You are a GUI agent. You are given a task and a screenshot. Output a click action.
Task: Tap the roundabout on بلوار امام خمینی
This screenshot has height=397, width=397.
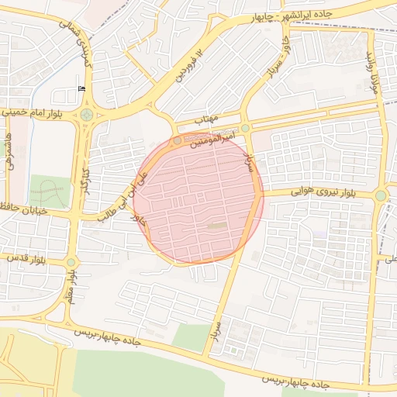tap(86, 116)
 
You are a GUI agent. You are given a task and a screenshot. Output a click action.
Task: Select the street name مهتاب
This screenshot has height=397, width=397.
tap(207, 120)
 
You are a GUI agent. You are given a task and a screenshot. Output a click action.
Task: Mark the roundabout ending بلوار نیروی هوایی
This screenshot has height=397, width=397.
tap(380, 195)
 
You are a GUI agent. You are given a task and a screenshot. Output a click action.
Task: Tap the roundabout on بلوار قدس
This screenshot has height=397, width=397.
tap(71, 262)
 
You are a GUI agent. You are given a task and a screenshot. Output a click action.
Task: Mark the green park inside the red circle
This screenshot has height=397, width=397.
tap(216, 226)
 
